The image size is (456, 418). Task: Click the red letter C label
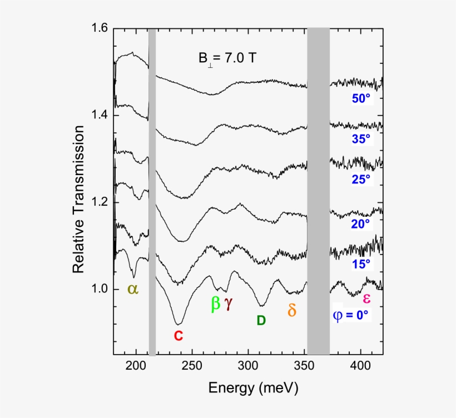tap(178, 336)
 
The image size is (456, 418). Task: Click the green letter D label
tap(261, 320)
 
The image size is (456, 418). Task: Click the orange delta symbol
tap(291, 310)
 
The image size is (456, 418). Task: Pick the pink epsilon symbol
tap(366, 299)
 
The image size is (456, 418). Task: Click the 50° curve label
tap(360, 98)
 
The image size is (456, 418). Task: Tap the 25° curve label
tap(360, 179)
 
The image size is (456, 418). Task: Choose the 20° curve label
tap(360, 224)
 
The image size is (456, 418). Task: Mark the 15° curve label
tap(360, 265)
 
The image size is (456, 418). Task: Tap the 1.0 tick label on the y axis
tap(100, 289)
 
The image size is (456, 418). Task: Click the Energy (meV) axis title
tap(253, 387)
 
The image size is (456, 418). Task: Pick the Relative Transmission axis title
tap(78, 199)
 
